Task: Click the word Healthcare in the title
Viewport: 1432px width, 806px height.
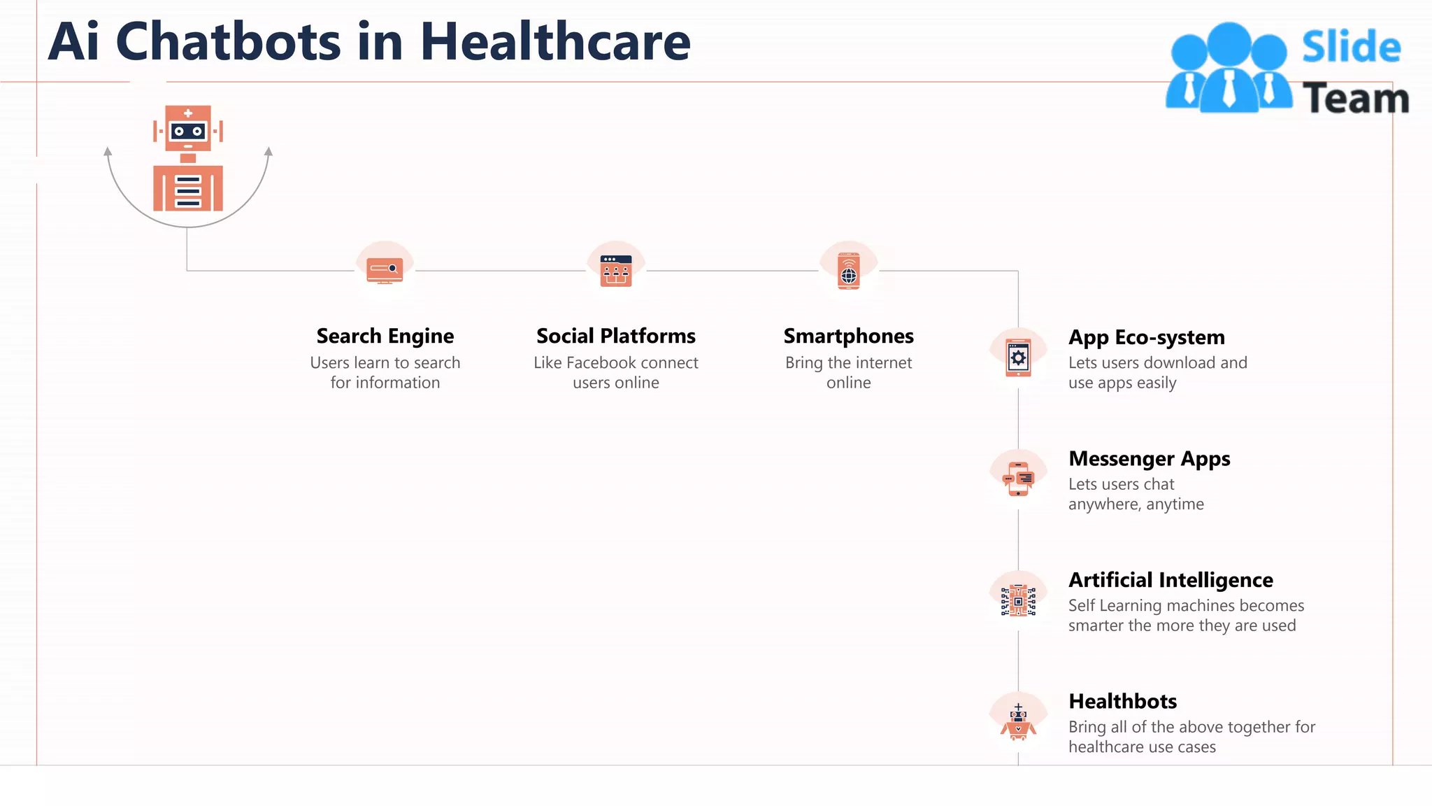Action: click(555, 42)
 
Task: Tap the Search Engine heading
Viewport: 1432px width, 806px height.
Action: click(385, 337)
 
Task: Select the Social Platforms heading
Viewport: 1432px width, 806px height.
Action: click(616, 337)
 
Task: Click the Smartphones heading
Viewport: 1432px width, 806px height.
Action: click(848, 337)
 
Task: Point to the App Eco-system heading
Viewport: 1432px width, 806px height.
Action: click(1147, 338)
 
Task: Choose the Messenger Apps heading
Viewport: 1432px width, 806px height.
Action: click(1150, 459)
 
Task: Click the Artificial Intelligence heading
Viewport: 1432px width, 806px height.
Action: click(1171, 580)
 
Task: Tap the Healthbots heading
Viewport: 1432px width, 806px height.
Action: click(1123, 701)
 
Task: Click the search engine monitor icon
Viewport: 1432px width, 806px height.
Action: click(385, 270)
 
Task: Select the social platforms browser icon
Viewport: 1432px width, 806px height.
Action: click(616, 271)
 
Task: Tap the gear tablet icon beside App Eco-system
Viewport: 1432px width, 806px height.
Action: click(1018, 358)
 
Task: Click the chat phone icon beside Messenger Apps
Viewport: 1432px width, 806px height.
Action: click(1018, 479)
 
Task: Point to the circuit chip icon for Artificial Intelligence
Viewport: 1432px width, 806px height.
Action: click(1018, 601)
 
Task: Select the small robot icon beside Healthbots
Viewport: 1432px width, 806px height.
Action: click(1018, 723)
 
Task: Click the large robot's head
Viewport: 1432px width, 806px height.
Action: click(188, 129)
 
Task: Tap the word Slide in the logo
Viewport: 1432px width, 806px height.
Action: click(1351, 48)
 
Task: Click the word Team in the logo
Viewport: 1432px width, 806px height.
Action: click(1356, 99)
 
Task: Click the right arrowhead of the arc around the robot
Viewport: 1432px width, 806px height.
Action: click(268, 151)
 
